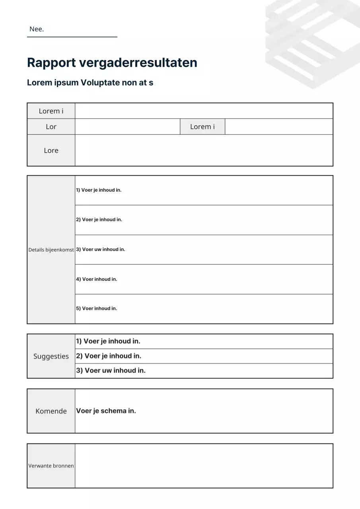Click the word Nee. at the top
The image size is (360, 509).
pyautogui.click(x=37, y=29)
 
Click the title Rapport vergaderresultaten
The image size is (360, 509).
pyautogui.click(x=112, y=63)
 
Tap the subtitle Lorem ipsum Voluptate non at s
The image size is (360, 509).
pyautogui.click(x=90, y=83)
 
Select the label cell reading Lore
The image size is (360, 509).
pyautogui.click(x=51, y=150)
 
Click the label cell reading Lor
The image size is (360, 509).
pyautogui.click(x=51, y=126)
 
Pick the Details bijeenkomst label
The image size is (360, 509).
pyautogui.click(x=51, y=250)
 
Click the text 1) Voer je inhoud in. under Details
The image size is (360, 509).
pyautogui.click(x=99, y=190)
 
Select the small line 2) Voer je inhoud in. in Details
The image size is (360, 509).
pyautogui.click(x=99, y=220)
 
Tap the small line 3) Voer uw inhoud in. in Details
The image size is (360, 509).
pyautogui.click(x=101, y=249)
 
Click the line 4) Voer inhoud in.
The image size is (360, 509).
pyautogui.click(x=97, y=279)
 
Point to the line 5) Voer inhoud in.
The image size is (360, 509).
pyautogui.click(x=97, y=308)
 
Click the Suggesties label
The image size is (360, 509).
pyautogui.click(x=51, y=356)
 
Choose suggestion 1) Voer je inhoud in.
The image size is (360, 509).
pyautogui.click(x=108, y=341)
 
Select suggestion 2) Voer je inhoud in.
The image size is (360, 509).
pyautogui.click(x=109, y=356)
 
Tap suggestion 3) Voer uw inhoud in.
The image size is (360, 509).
pyautogui.click(x=111, y=371)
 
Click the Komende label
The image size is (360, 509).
pyautogui.click(x=51, y=411)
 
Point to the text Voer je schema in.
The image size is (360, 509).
pyautogui.click(x=106, y=411)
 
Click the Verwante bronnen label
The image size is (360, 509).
pyautogui.click(x=51, y=466)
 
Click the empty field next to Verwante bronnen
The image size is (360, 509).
pyautogui.click(x=204, y=466)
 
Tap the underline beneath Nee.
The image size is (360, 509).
pyautogui.click(x=72, y=37)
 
